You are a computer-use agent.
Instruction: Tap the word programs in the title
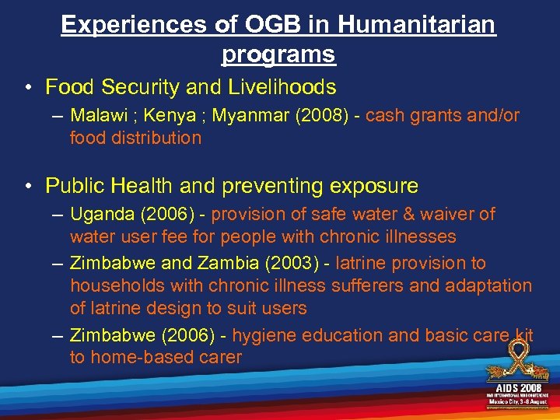click(278, 54)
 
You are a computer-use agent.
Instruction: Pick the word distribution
click(159, 138)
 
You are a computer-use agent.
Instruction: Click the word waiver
click(448, 214)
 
